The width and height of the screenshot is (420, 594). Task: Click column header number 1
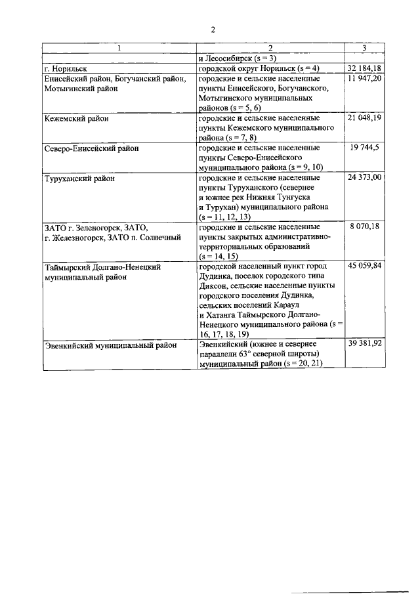(x=119, y=49)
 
